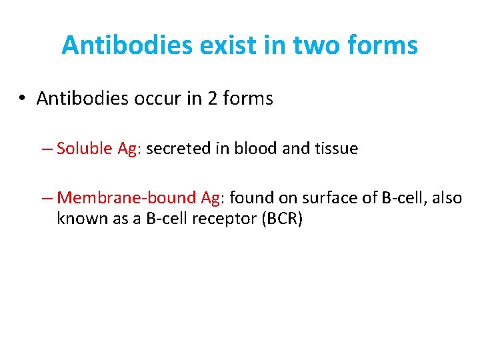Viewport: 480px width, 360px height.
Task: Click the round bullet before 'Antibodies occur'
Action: tap(22, 99)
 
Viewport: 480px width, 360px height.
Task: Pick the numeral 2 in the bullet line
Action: tap(213, 99)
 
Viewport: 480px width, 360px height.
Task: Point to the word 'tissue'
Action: tap(335, 148)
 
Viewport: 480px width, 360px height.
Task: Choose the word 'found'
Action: tap(251, 198)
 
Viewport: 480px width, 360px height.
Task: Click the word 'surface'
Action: tap(327, 198)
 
